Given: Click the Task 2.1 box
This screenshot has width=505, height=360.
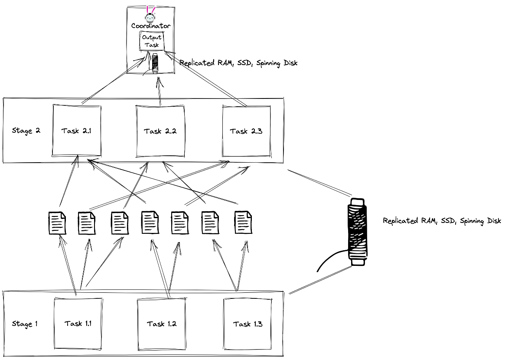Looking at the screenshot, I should [x=76, y=130].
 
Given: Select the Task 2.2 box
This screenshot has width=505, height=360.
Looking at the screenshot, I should [x=160, y=131].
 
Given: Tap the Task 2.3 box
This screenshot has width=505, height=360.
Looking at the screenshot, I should [x=246, y=131].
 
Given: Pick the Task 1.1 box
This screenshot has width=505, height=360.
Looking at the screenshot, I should [x=78, y=323].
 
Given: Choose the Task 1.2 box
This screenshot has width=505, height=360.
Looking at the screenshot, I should [x=161, y=324].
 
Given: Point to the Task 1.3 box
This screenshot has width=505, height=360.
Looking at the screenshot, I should [x=248, y=324].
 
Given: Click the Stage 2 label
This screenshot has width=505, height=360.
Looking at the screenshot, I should [x=26, y=131].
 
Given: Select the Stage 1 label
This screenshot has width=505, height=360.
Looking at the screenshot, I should [x=25, y=324].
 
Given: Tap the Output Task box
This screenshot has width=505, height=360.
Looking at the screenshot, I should [x=151, y=41].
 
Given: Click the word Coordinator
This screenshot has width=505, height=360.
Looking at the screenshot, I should [x=151, y=26].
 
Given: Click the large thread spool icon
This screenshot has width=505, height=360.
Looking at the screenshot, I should [x=357, y=232].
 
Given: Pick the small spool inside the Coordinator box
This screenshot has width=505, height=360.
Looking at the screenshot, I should [x=155, y=63].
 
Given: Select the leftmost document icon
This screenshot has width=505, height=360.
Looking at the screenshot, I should [x=57, y=223].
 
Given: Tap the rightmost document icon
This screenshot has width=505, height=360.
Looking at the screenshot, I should [x=243, y=223].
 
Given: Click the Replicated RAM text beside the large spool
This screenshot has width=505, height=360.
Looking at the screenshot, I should [x=442, y=221].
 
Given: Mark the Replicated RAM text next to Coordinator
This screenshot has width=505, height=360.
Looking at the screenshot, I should [x=238, y=63].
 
